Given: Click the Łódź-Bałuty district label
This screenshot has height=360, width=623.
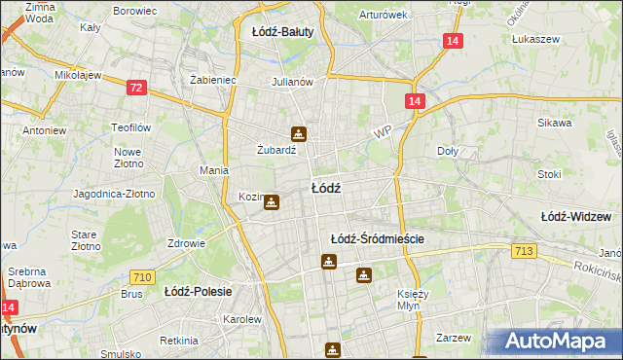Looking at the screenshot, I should (x=282, y=32).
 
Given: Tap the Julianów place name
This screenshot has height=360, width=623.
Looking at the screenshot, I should (x=292, y=82).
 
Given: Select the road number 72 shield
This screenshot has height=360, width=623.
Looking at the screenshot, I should (x=136, y=89).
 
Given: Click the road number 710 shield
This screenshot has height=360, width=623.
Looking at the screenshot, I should (x=142, y=278).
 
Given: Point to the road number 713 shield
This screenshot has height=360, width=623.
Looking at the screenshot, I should (x=523, y=252).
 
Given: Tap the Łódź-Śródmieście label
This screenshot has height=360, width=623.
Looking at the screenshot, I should (x=379, y=238).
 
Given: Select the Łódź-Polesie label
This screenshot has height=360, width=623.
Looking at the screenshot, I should (x=196, y=291).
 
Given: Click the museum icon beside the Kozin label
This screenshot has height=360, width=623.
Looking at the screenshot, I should (x=273, y=202).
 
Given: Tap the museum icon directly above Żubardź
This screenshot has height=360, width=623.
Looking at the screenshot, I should (x=298, y=134).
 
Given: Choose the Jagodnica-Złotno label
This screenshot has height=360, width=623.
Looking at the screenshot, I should (x=114, y=194).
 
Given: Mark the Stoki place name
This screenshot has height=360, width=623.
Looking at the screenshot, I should (x=549, y=175).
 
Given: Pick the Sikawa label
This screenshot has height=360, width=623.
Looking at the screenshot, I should (x=554, y=124).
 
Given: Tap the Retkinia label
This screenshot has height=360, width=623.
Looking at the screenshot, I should (x=180, y=341).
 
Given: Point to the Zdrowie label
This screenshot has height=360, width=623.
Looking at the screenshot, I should (x=185, y=243).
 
